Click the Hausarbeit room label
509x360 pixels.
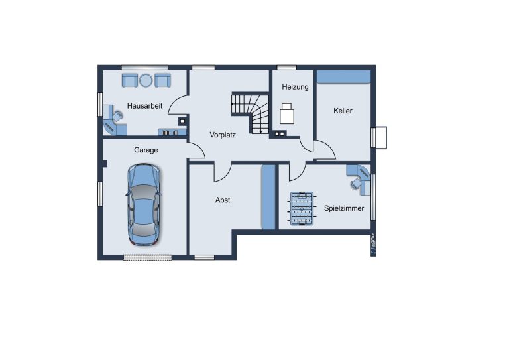pyautogui.click(x=144, y=106)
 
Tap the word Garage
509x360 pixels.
pyautogui.click(x=146, y=150)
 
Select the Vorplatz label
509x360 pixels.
pyautogui.click(x=223, y=135)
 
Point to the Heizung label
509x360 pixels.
pyautogui.click(x=295, y=87)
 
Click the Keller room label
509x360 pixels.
pyautogui.click(x=343, y=111)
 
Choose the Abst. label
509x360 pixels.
pyautogui.click(x=223, y=200)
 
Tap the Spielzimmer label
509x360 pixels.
pyautogui.click(x=344, y=208)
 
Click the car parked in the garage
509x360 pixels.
pyautogui.click(x=144, y=204)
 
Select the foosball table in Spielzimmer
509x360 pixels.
pyautogui.click(x=302, y=208)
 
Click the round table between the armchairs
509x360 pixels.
pyautogui.click(x=146, y=80)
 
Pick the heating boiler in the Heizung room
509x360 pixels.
pyautogui.click(x=286, y=113)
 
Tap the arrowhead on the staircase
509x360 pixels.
pyautogui.click(x=260, y=131)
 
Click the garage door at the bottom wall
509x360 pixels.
pyautogui.click(x=148, y=257)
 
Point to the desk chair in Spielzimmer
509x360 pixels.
pyautogui.click(x=355, y=184)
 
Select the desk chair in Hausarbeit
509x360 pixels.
pyautogui.click(x=117, y=116)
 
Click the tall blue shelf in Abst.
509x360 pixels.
pyautogui.click(x=268, y=197)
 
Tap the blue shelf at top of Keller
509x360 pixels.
pyautogui.click(x=344, y=77)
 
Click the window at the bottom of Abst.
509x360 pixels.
pyautogui.click(x=204, y=257)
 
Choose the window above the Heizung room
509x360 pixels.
pyautogui.click(x=286, y=68)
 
